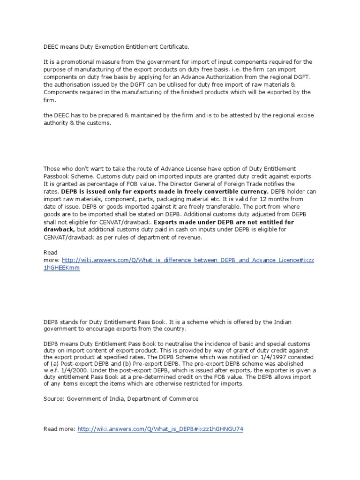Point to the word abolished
pyautogui.click(x=290, y=363)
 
